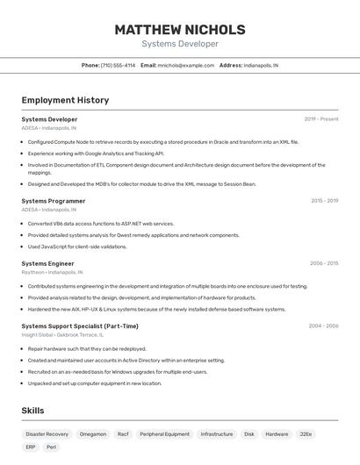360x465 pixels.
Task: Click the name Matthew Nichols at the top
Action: pos(179,30)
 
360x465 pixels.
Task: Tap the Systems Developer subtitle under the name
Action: pos(179,44)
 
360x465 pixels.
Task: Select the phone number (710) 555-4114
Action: pos(118,65)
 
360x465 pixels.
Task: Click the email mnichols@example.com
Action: pos(185,65)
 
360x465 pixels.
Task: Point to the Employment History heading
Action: pos(65,100)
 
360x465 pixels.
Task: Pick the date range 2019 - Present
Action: pos(321,119)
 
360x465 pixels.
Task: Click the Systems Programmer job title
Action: pos(54,201)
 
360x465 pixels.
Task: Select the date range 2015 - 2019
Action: pos(324,201)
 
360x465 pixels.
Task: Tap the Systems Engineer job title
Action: pos(47,263)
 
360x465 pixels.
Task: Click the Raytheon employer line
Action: pos(52,272)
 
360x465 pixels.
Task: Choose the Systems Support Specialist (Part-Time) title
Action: pos(80,326)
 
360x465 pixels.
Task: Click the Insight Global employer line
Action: pos(62,335)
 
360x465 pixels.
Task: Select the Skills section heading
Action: pos(32,411)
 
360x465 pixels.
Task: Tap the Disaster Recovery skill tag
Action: pos(47,433)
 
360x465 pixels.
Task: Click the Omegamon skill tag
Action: pos(93,433)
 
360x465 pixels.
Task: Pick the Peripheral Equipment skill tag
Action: pos(164,433)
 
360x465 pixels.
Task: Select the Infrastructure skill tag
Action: pos(216,433)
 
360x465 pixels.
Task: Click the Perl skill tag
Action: pos(52,447)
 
